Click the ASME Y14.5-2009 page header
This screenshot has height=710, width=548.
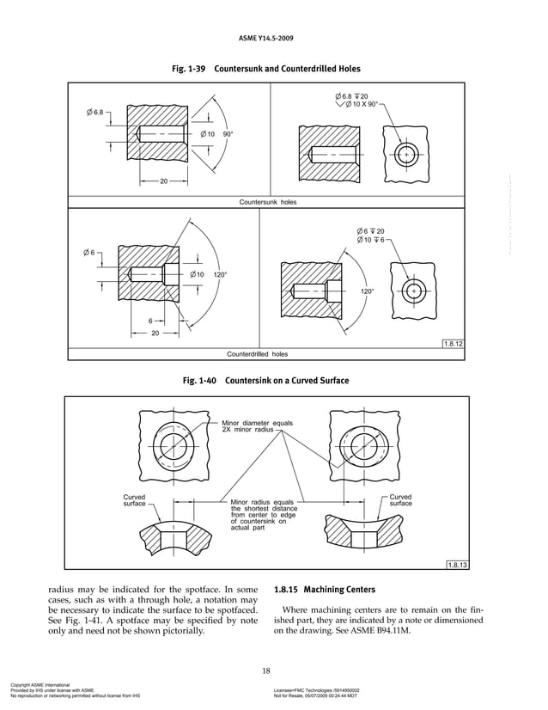274,39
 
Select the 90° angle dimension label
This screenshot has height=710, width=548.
228,135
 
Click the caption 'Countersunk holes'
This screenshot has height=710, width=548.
267,200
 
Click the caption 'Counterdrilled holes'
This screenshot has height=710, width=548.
257,353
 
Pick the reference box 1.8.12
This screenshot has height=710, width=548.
453,344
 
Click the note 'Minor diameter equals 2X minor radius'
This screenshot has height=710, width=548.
245,426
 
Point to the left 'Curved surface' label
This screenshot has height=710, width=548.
134,500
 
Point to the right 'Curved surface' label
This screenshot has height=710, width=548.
401,500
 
